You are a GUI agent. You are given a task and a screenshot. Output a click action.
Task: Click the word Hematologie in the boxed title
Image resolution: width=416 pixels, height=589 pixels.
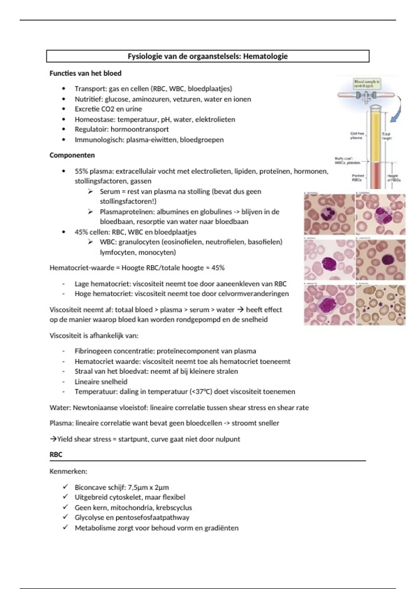[265, 56]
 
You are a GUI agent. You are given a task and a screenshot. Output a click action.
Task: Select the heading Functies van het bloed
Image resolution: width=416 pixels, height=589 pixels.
[85, 73]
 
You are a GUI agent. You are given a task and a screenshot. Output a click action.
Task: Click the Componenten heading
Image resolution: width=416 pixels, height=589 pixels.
[72, 155]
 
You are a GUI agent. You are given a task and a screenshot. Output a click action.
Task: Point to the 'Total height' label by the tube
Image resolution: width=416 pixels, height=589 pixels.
[386, 136]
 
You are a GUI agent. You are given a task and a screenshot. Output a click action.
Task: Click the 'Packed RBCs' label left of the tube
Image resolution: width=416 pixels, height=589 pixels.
[357, 178]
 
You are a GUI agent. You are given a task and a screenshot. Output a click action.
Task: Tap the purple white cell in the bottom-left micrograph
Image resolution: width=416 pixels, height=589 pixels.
[328, 305]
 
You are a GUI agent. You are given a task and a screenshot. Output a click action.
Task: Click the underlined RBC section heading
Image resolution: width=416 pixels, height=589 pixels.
[56, 455]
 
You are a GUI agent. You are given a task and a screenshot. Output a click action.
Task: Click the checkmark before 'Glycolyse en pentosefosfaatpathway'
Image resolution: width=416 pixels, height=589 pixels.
[65, 517]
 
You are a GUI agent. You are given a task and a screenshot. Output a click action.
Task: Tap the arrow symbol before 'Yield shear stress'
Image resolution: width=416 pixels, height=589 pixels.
[53, 439]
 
